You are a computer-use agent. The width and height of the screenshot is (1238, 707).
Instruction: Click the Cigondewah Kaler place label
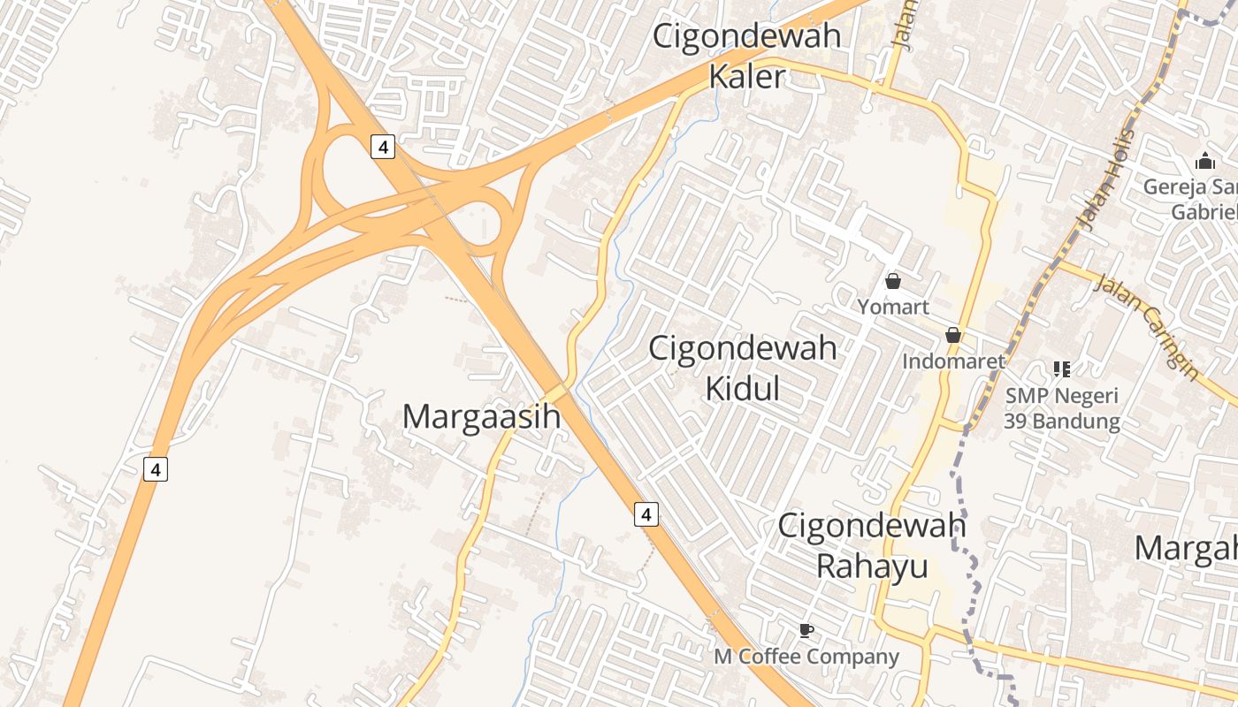tap(747, 57)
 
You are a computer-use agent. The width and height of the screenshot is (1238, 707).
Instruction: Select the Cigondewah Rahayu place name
tap(872, 545)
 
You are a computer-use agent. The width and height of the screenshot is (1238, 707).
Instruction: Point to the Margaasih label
tap(482, 416)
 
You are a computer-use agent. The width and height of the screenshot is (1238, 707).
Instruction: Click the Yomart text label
tap(893, 307)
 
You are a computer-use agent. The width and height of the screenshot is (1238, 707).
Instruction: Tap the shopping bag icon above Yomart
tap(893, 281)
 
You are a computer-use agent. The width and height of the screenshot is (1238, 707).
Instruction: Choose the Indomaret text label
tap(953, 361)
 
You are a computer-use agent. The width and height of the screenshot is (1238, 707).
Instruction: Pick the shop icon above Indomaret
tap(953, 335)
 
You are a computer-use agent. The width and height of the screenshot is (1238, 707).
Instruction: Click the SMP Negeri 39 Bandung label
tap(1061, 408)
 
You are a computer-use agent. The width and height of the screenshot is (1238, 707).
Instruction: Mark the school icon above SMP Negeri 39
tap(1062, 369)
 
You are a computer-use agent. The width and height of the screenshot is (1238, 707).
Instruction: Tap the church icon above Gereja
tap(1204, 162)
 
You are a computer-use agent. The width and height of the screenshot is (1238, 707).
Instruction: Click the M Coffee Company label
tap(806, 657)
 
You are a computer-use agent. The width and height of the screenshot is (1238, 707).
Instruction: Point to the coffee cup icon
tap(806, 630)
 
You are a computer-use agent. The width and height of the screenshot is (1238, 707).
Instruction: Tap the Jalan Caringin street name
tap(1147, 328)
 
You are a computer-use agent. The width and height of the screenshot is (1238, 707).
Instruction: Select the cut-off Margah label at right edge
tap(1186, 548)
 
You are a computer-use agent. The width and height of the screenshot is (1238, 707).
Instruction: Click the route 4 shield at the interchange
tap(382, 147)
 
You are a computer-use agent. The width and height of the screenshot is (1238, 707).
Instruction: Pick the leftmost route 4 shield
tap(156, 469)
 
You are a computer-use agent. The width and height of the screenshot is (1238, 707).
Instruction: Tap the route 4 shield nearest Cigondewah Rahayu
tap(646, 513)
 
